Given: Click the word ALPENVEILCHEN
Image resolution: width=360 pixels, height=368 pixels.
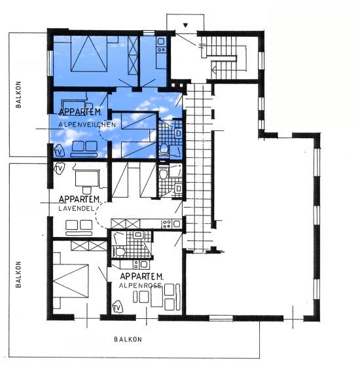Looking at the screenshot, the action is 87,124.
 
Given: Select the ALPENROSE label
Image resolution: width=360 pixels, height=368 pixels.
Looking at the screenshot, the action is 140,285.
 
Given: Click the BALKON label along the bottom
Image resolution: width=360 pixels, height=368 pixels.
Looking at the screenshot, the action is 128,339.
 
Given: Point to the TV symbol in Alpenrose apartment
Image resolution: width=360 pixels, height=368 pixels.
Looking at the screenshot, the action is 117,308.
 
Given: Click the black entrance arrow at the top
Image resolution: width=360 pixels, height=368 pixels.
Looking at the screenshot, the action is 185,25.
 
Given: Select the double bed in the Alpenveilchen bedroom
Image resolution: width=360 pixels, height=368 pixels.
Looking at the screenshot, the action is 89,54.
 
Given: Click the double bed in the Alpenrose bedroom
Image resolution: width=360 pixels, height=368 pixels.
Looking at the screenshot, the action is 71,281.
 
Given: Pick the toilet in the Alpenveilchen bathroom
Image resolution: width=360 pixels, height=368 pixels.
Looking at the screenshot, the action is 164,149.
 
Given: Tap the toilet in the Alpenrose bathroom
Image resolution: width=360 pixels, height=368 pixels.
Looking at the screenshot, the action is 120,252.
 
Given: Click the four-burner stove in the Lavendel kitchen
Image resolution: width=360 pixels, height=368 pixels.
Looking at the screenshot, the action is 167,224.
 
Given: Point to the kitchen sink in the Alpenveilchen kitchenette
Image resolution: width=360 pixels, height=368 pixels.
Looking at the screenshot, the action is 161,41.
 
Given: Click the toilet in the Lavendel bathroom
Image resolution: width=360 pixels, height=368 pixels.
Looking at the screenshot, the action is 164,174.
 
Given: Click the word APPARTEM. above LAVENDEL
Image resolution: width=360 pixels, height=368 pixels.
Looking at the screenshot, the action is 80,199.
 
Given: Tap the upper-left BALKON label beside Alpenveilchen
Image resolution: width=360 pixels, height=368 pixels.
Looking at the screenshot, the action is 18,94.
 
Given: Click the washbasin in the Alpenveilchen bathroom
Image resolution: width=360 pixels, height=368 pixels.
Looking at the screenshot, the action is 179,134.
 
